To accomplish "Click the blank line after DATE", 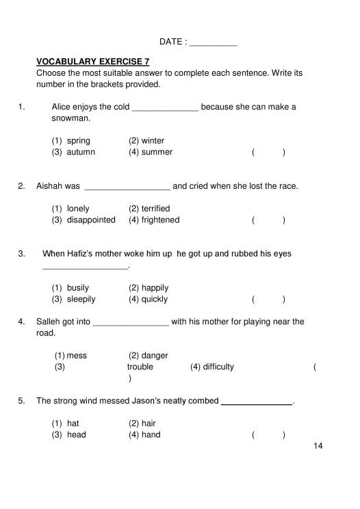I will pyautogui.click(x=212, y=43).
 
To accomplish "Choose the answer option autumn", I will pyautogui.click(x=81, y=152).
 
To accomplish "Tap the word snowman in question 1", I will pyautogui.click(x=70, y=118).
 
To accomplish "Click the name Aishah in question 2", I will pyautogui.click(x=49, y=185).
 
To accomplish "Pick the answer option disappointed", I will pyautogui.click(x=91, y=220).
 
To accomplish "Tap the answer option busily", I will pyautogui.click(x=78, y=288).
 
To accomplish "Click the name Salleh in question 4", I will pyautogui.click(x=49, y=322).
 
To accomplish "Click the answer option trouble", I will pyautogui.click(x=140, y=367).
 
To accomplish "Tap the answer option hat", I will pyautogui.click(x=73, y=423).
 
